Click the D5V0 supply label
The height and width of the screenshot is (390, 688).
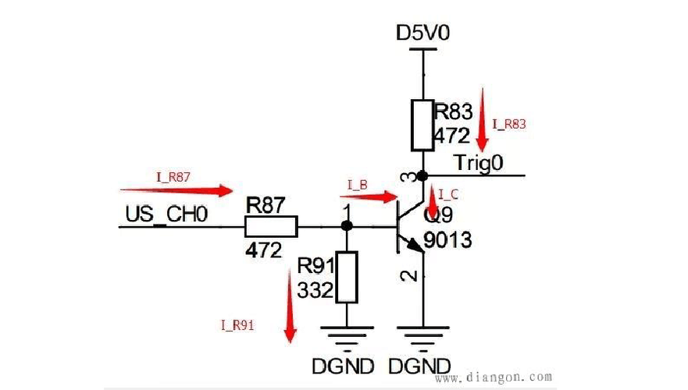(422, 33)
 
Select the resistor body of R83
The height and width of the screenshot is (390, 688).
(422, 126)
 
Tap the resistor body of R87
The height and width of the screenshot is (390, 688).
(271, 226)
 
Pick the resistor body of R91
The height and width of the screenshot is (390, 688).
(347, 277)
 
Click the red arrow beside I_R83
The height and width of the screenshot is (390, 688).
(483, 120)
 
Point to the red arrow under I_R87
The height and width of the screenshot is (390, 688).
(176, 190)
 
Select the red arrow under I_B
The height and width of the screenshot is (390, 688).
(369, 197)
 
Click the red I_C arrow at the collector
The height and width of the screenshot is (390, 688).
(433, 200)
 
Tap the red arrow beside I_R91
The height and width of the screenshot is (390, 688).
(290, 306)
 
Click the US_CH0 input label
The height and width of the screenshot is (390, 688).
(166, 214)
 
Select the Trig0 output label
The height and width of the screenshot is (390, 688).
(478, 162)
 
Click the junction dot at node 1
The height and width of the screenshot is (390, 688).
(347, 225)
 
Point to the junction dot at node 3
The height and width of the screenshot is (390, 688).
(422, 176)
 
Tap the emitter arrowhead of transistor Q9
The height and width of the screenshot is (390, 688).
(416, 246)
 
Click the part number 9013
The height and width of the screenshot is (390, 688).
(447, 240)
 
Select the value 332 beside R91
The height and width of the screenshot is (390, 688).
(315, 290)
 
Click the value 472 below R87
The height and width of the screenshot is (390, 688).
(263, 250)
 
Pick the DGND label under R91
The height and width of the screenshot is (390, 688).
(343, 367)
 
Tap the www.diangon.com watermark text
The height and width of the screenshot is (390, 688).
(494, 377)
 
